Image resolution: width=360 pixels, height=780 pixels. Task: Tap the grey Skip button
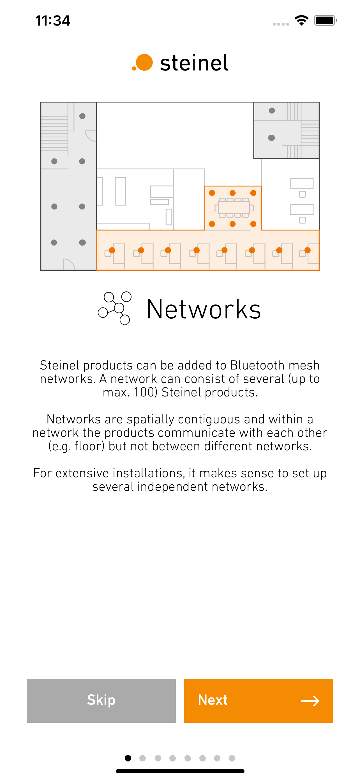(101, 700)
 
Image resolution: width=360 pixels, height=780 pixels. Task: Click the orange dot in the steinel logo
(144, 62)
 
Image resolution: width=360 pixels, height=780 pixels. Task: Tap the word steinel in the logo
(194, 63)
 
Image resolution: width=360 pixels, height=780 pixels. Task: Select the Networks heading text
(204, 309)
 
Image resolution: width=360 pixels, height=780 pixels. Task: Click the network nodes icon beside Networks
(115, 308)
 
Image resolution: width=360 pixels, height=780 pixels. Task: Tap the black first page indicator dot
(128, 758)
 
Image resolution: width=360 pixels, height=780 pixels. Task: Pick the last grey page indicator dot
(232, 758)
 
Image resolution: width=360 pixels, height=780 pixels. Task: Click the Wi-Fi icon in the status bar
(301, 20)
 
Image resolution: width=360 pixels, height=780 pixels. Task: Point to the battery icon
(325, 20)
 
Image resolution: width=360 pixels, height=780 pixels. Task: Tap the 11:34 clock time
(53, 20)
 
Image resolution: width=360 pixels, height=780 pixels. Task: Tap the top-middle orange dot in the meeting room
(232, 193)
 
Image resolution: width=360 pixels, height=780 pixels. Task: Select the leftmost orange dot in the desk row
(112, 250)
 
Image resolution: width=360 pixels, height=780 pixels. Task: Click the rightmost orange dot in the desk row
(307, 250)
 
